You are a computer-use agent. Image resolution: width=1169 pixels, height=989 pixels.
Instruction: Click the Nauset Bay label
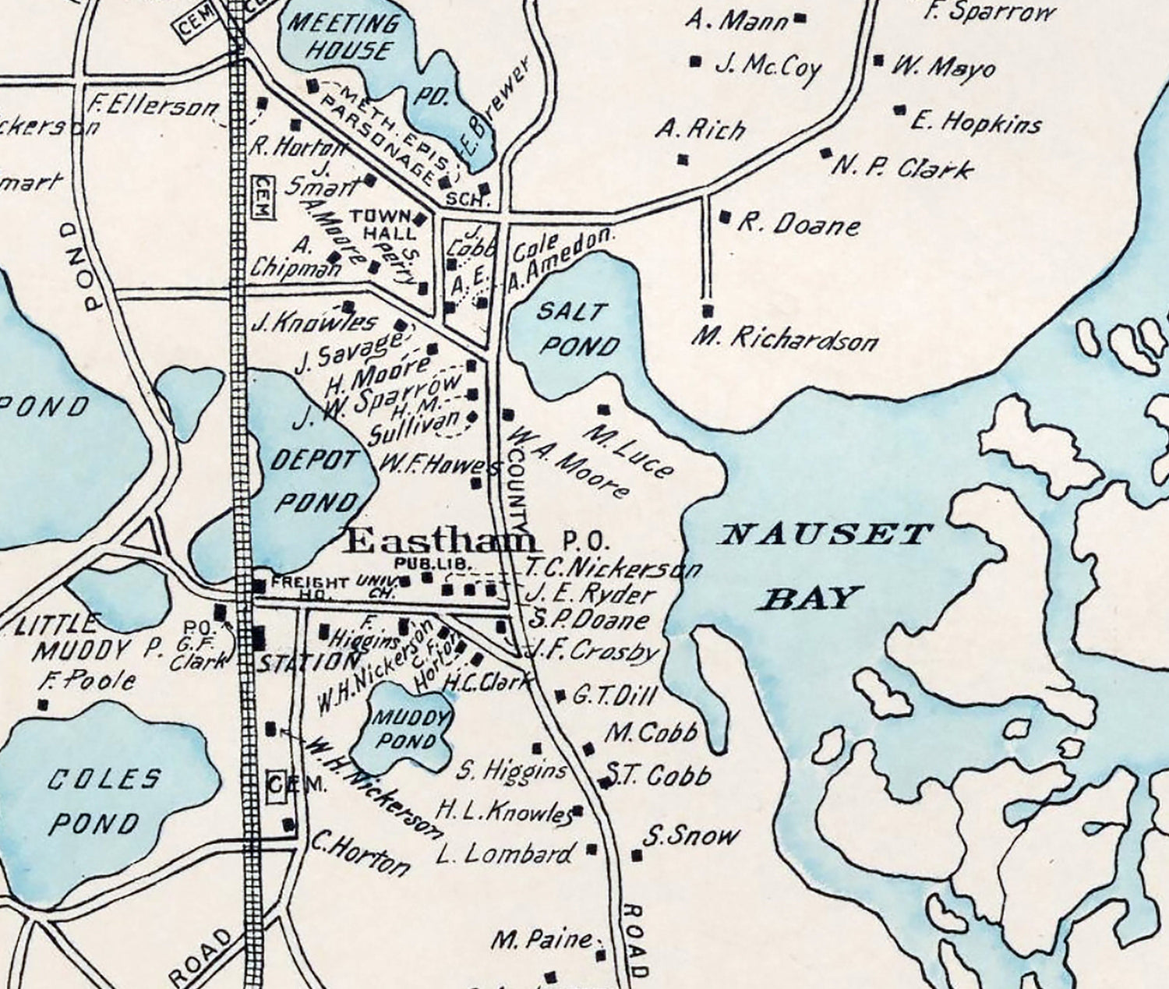click(826, 565)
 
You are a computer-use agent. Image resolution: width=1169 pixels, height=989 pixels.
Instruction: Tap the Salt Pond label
click(577, 328)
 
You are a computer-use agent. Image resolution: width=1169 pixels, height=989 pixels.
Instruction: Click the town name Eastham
click(441, 541)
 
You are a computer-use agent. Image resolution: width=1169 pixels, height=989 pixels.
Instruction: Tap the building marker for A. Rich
click(683, 159)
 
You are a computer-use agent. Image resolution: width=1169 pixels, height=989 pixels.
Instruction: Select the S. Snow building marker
click(636, 856)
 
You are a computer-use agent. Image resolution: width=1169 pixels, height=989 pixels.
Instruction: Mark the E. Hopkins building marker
click(902, 110)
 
